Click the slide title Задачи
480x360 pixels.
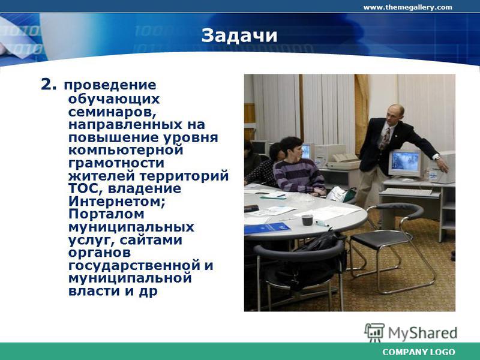click(x=239, y=36)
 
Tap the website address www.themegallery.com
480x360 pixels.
click(x=407, y=7)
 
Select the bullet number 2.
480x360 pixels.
click(x=49, y=85)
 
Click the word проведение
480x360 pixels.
click(x=110, y=85)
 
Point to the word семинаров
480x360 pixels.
click(x=112, y=112)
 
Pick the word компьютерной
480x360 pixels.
click(x=126, y=151)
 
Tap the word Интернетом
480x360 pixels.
click(x=117, y=201)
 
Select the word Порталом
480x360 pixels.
click(x=106, y=214)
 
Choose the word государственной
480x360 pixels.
click(x=134, y=265)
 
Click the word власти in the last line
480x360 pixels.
click(x=94, y=290)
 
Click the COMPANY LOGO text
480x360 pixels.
click(x=418, y=352)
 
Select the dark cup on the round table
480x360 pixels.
click(x=307, y=220)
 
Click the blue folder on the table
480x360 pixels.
click(x=267, y=228)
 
